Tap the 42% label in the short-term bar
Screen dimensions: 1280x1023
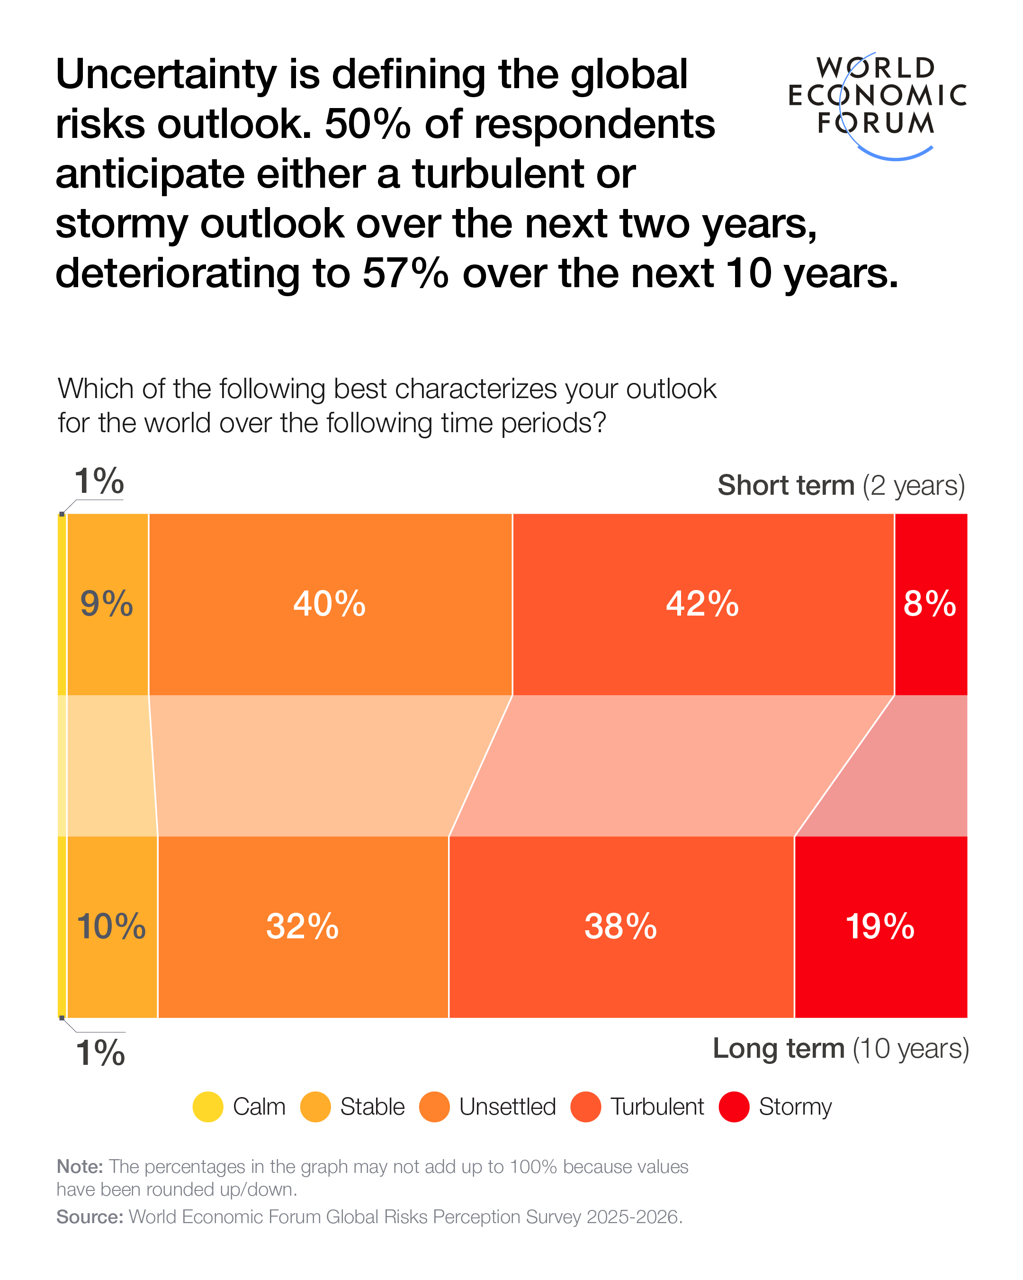coord(702,604)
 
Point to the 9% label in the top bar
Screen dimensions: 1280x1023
coord(107,604)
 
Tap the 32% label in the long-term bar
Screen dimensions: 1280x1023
coord(303,926)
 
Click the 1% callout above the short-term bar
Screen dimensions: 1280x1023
coord(99,481)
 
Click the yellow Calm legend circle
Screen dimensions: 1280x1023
coord(208,1107)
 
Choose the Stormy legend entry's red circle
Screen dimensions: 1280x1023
coord(734,1107)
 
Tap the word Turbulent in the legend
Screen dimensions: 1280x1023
coord(657,1107)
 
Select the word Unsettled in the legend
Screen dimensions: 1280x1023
coord(507,1107)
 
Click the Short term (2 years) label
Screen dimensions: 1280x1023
coord(841,486)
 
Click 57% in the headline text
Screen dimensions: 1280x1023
coord(405,274)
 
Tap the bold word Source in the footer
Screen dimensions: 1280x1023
coord(90,1216)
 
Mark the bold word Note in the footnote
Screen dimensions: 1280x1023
coord(80,1167)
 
